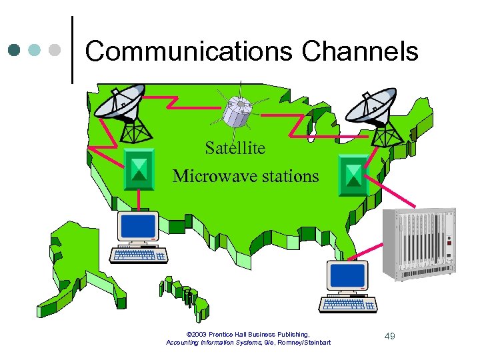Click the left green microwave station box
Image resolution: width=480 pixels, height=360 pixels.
pos(139,169)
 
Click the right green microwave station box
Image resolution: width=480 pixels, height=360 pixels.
pos(353,175)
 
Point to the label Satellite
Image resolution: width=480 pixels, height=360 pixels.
pos(235,147)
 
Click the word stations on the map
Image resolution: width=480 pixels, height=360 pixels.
pos(288,176)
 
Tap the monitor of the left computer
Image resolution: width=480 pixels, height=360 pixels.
pos(138,227)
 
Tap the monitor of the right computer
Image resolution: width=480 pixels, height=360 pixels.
pos(347,276)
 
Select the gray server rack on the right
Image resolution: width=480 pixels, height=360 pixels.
pos(419,244)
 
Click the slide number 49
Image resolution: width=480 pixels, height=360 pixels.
pos(389,337)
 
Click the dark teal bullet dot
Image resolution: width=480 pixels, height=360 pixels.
pos(15,49)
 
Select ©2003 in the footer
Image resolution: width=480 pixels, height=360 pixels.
pos(199,334)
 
